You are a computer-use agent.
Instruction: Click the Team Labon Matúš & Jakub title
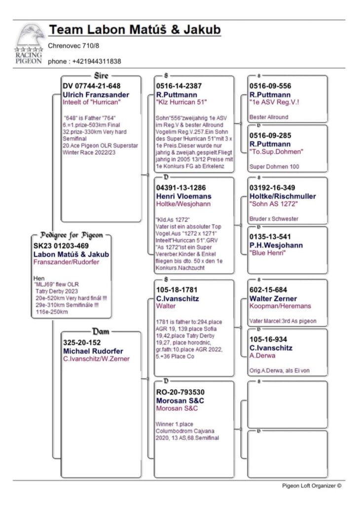(134, 31)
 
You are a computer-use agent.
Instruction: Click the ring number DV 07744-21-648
(92, 86)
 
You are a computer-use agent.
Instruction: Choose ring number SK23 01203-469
(61, 246)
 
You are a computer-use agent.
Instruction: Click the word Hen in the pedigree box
(38, 278)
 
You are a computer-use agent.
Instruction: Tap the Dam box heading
(101, 331)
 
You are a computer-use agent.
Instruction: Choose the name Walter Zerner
(273, 298)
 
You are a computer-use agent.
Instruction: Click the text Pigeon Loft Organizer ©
(311, 485)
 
